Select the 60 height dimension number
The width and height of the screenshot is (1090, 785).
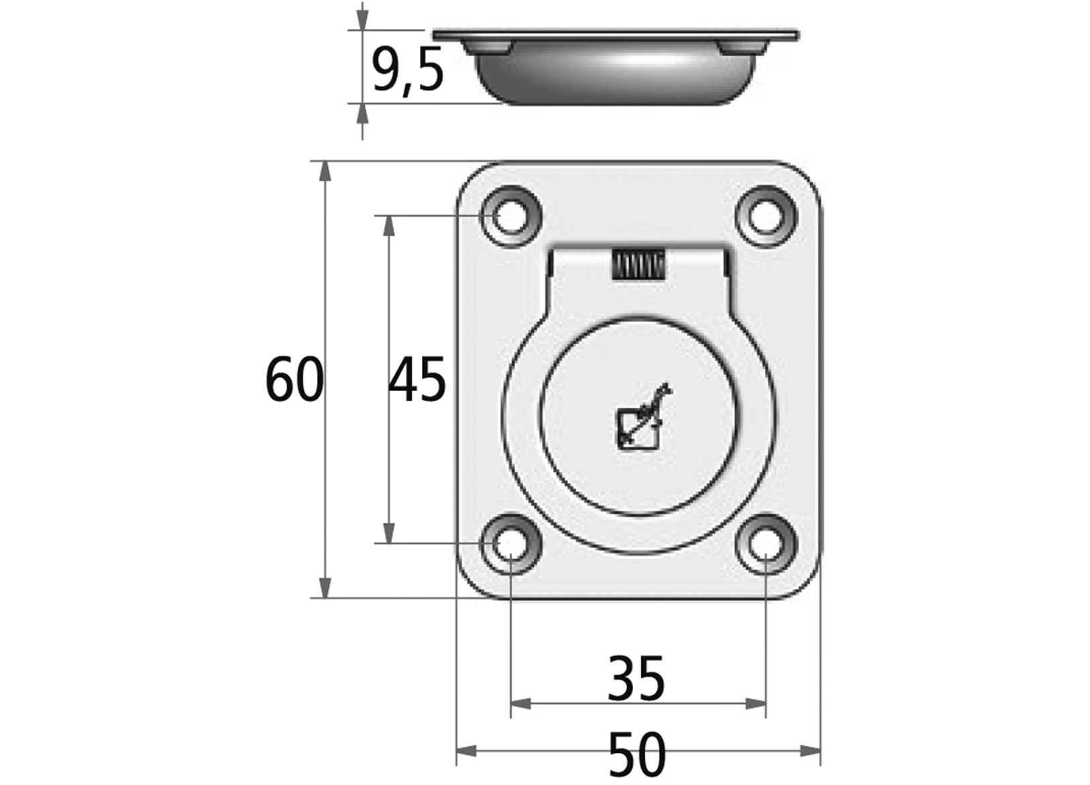[294, 380]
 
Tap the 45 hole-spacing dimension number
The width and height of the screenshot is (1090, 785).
[417, 380]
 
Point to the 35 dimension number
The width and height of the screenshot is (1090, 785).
[636, 679]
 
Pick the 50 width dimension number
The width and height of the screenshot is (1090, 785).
[637, 755]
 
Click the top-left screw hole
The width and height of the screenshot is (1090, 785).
[510, 216]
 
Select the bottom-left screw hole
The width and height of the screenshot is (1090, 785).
[510, 543]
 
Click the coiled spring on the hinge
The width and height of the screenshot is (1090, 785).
[638, 266]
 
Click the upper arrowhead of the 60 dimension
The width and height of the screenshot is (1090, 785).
[325, 171]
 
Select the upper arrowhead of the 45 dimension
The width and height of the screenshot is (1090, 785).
[388, 226]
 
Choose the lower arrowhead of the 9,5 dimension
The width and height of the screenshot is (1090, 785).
[362, 114]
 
